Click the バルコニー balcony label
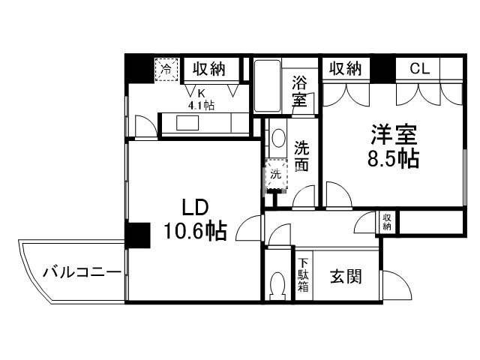[x=81, y=271]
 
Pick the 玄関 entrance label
[x=345, y=277]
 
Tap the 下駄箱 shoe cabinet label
[x=304, y=274]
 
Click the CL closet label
[x=419, y=69]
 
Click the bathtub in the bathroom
[x=266, y=86]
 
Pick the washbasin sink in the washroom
[x=277, y=139]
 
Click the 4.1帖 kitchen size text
[x=201, y=106]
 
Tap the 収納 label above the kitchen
[x=208, y=70]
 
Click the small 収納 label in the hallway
[x=388, y=221]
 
